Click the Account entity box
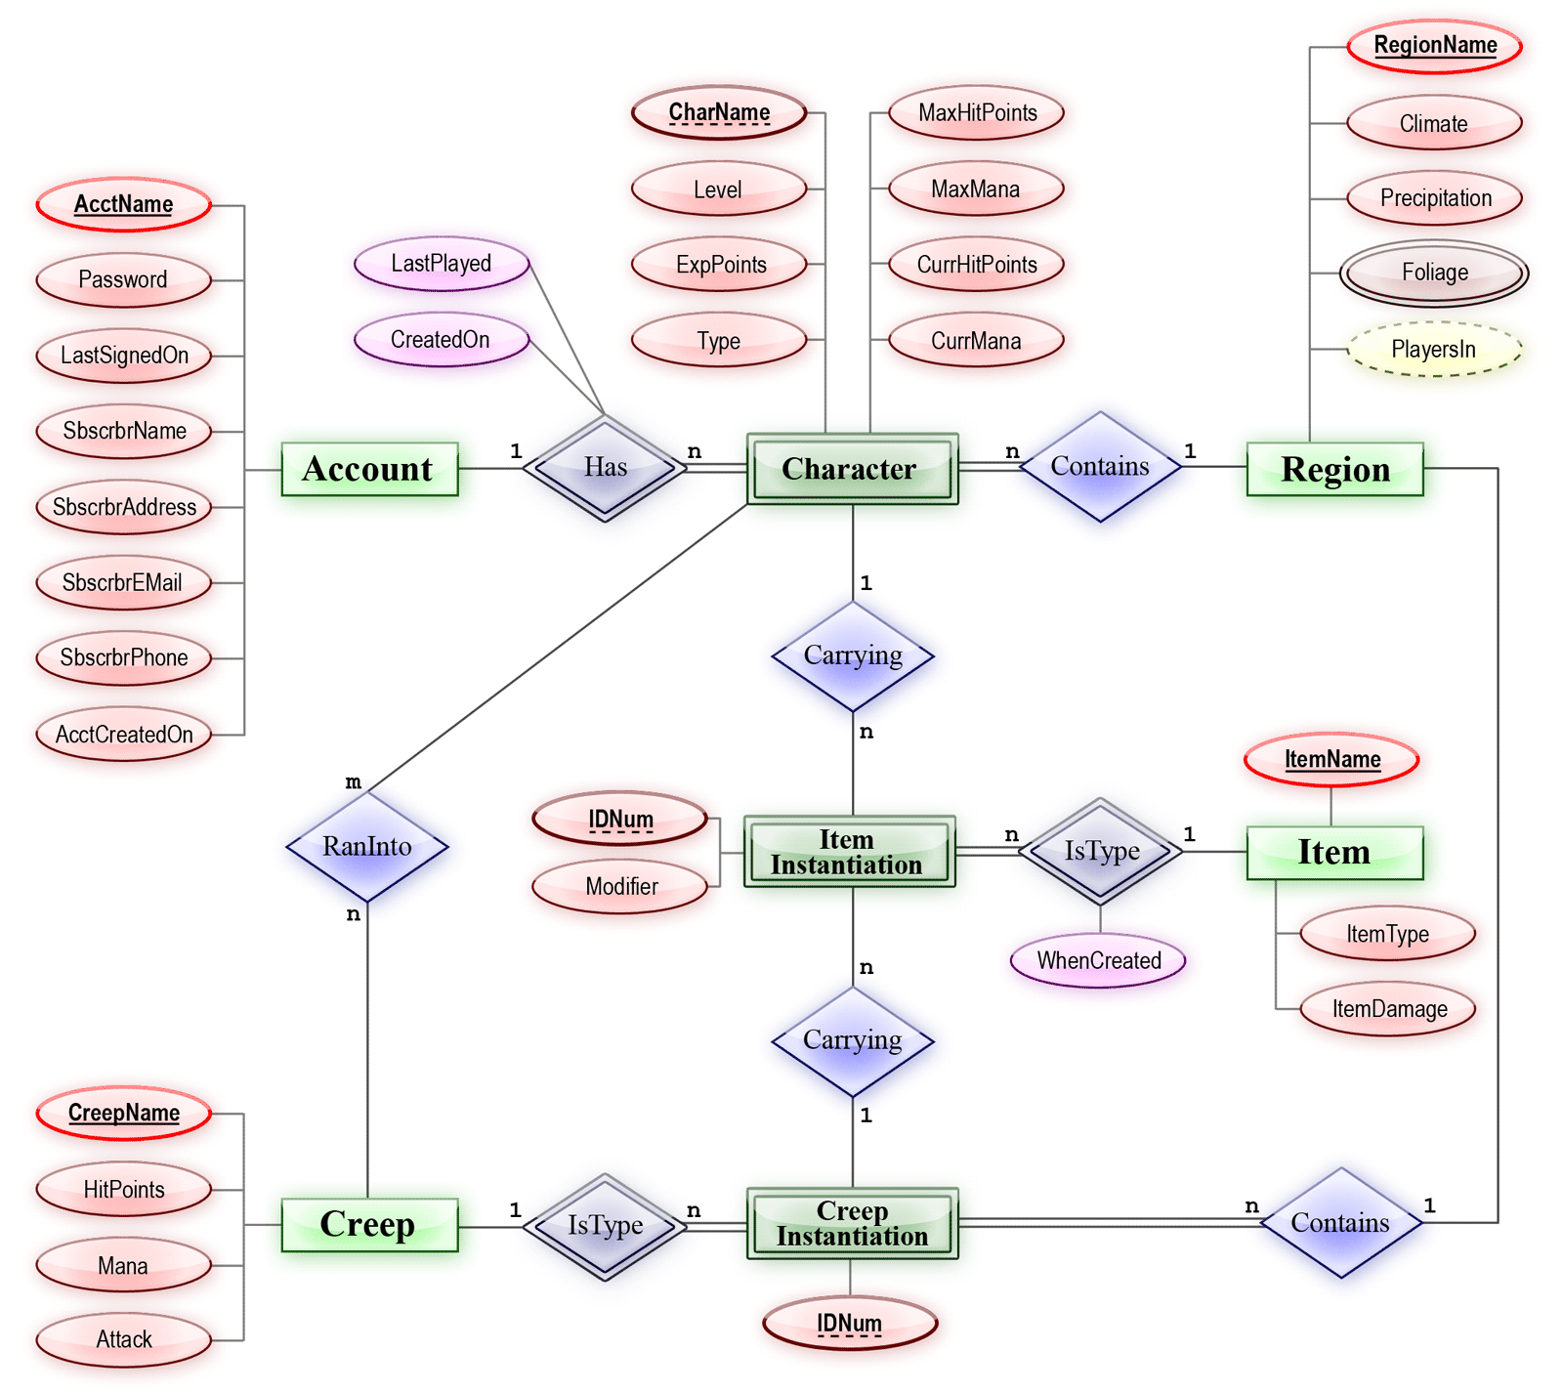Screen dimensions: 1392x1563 click(369, 469)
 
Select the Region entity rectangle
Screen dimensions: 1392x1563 click(1334, 469)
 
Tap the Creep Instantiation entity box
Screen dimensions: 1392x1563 click(852, 1223)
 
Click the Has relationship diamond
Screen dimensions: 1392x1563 click(605, 468)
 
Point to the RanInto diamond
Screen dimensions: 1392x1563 click(367, 846)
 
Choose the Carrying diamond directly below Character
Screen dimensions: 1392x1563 click(853, 655)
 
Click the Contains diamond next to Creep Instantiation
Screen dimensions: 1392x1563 click(1340, 1223)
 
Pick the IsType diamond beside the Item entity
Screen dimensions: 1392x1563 click(1101, 852)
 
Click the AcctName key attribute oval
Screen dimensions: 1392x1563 click(124, 204)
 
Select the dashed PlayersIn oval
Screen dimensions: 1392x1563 click(1433, 350)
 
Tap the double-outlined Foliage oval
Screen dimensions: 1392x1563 click(1434, 273)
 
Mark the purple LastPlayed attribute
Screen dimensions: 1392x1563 click(442, 264)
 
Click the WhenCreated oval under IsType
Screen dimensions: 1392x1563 click(1098, 960)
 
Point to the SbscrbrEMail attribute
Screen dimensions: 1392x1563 click(123, 583)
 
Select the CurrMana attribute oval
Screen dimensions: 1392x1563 click(976, 341)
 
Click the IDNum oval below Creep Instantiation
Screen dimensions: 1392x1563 click(850, 1324)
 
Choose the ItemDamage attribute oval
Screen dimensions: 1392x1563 click(1388, 1009)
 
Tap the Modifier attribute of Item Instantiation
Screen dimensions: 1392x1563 click(621, 886)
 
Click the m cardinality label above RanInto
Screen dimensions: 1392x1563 click(354, 782)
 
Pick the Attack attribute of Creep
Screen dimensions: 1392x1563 click(124, 1339)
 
